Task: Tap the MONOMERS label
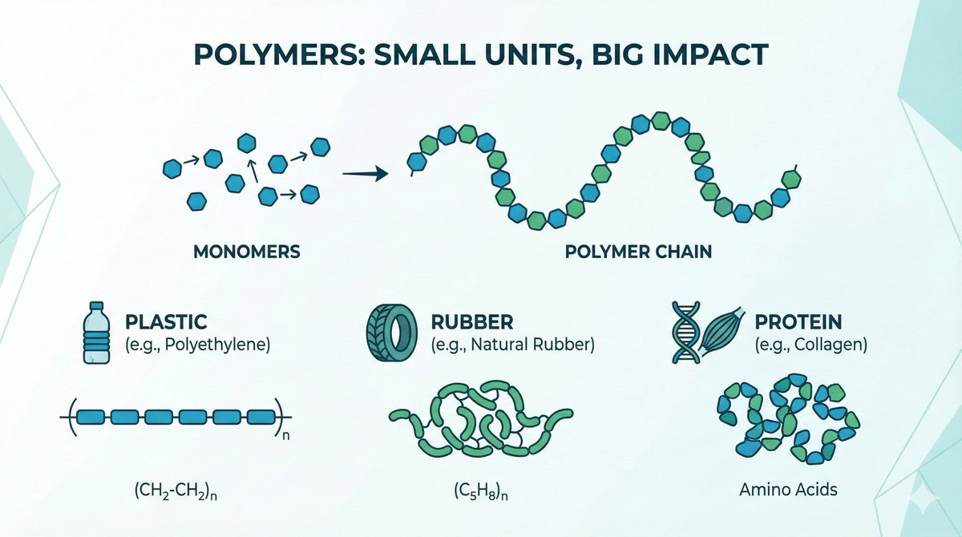pyautogui.click(x=247, y=252)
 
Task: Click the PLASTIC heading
pyautogui.click(x=167, y=322)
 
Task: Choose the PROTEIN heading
pyautogui.click(x=798, y=322)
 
